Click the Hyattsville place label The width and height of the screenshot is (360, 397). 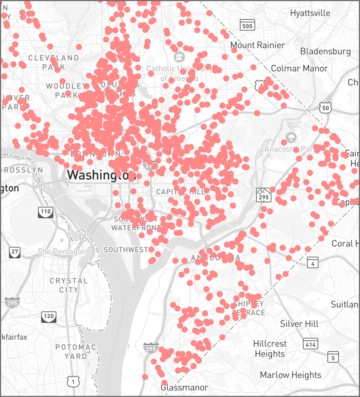click(x=310, y=13)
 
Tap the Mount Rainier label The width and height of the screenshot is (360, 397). click(x=258, y=45)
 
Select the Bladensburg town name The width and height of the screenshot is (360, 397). click(x=326, y=51)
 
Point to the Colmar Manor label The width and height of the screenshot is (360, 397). click(x=299, y=68)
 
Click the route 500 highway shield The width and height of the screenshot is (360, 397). click(x=247, y=25)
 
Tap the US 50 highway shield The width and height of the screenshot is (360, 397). click(x=326, y=108)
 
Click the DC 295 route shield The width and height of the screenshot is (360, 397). click(x=263, y=194)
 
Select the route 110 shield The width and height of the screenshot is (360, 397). click(x=45, y=212)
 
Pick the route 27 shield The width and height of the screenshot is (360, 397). click(x=15, y=252)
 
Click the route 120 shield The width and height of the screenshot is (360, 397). click(x=49, y=316)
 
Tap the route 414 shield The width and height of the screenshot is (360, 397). click(x=310, y=344)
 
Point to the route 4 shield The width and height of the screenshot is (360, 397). click(x=313, y=262)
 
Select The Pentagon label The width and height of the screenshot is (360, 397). click(x=62, y=251)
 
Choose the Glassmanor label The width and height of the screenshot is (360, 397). click(x=184, y=388)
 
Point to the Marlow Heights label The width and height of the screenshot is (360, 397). click(x=290, y=375)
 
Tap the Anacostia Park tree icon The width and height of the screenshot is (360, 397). click(x=291, y=137)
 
